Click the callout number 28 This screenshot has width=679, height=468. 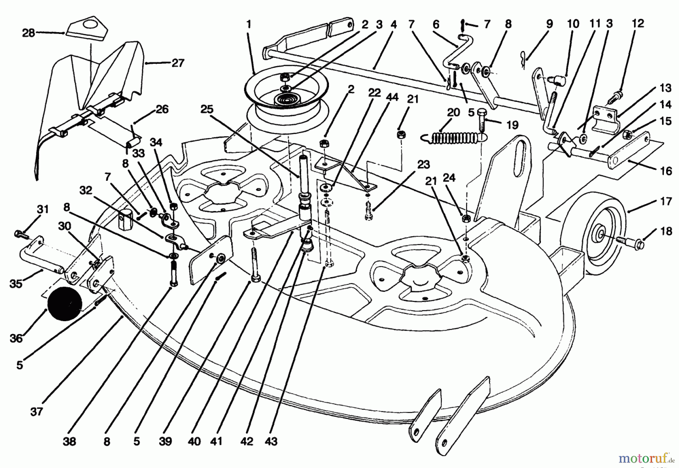point(28,33)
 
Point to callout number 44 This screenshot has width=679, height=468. point(392,97)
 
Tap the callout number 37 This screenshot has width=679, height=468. point(37,411)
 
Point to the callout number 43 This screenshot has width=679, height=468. point(271,441)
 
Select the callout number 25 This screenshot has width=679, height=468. point(207,109)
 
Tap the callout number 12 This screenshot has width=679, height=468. point(638,23)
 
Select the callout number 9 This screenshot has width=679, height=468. point(549,24)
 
